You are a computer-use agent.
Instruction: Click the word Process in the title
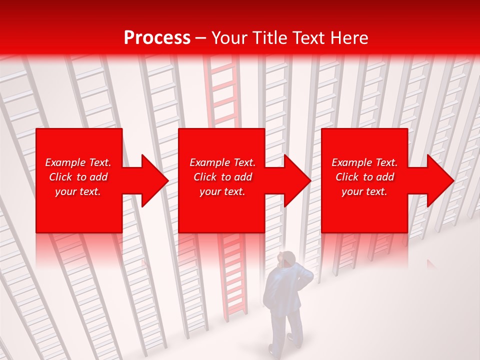(x=157, y=38)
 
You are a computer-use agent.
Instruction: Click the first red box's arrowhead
(x=152, y=180)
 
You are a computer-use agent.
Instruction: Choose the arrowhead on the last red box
(x=438, y=180)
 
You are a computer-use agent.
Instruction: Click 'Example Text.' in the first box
(x=78, y=162)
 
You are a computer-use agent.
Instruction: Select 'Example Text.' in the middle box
(x=222, y=162)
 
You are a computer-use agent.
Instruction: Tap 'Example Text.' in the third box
(x=364, y=162)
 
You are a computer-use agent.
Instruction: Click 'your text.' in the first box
(x=78, y=191)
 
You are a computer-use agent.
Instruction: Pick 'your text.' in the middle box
(x=222, y=191)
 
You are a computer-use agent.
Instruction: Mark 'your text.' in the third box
(x=364, y=191)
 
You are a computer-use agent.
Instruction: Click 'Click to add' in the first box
(x=78, y=177)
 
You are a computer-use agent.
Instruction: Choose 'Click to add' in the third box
(x=364, y=177)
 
